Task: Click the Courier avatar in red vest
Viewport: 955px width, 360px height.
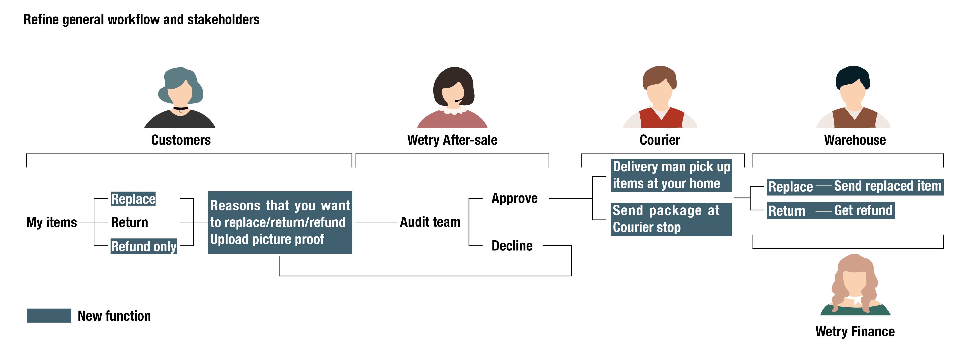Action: click(660, 97)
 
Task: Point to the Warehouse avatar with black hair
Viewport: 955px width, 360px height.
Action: click(853, 97)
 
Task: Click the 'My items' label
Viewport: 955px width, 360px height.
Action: click(51, 222)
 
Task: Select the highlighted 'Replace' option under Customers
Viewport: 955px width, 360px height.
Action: click(133, 199)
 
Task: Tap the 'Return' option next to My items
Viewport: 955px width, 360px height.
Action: click(129, 222)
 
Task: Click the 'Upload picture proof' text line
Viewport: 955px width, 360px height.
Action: click(267, 239)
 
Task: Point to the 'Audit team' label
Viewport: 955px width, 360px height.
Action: click(430, 222)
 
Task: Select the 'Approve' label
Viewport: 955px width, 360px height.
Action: click(514, 198)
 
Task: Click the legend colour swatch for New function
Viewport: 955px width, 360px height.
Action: click(49, 315)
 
